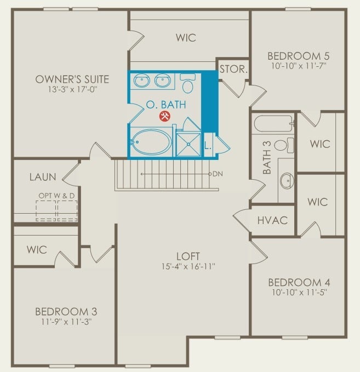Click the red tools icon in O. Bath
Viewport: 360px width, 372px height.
point(164,116)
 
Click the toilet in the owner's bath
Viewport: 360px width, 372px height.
point(188,84)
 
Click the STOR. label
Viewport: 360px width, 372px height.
point(233,70)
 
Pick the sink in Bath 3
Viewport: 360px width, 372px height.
point(286,180)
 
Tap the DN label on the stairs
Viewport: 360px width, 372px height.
point(217,174)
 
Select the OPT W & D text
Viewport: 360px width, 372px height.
point(57,195)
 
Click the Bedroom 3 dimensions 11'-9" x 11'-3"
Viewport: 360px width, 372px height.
point(66,322)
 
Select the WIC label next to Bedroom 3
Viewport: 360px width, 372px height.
point(37,250)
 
